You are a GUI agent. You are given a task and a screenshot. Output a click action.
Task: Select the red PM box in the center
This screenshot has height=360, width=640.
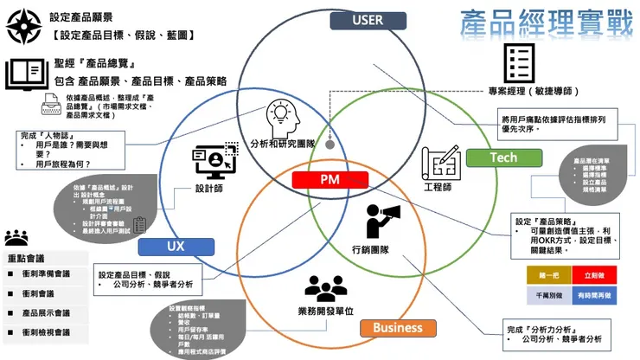pos(330,180)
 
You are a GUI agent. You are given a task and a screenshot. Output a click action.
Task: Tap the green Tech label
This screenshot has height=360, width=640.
pos(502,157)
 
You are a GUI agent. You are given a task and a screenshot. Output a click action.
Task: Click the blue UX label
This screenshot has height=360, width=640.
pos(176,247)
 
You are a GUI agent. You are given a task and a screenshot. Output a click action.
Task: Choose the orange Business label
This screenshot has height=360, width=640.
pos(398,328)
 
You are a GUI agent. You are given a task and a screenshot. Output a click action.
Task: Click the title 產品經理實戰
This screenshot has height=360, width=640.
pos(547,22)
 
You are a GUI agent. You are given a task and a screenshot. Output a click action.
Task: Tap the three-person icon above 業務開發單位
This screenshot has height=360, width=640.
pos(326,288)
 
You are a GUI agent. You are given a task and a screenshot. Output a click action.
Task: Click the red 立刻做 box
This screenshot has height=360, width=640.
pos(593,274)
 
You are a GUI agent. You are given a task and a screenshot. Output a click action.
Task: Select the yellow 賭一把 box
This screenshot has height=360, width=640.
pos(547,274)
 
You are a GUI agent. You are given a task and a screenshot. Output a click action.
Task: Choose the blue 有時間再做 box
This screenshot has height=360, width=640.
pos(593,295)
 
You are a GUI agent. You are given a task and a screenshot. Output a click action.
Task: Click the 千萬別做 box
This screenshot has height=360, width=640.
pos(547,295)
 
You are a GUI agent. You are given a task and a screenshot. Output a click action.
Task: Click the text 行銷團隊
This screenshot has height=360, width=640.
pos(371,251)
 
